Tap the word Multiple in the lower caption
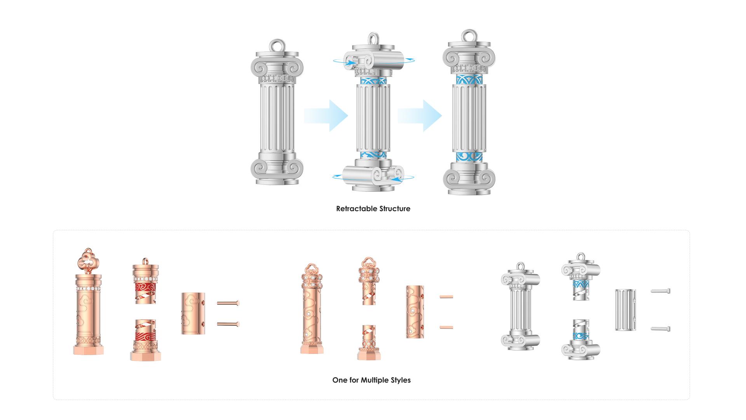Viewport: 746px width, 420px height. (x=376, y=380)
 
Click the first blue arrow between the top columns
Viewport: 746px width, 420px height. (x=326, y=115)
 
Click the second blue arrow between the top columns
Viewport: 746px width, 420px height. (x=420, y=115)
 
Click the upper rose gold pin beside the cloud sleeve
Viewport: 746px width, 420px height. (x=228, y=303)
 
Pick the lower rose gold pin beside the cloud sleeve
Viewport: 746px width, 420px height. (x=228, y=324)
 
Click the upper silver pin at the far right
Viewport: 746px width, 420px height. (x=661, y=290)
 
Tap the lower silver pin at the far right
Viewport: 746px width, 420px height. (x=661, y=329)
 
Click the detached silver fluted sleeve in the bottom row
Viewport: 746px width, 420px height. (x=626, y=310)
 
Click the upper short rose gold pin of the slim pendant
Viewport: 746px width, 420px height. (x=446, y=297)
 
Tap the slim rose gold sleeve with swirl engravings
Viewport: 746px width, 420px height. (x=415, y=311)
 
